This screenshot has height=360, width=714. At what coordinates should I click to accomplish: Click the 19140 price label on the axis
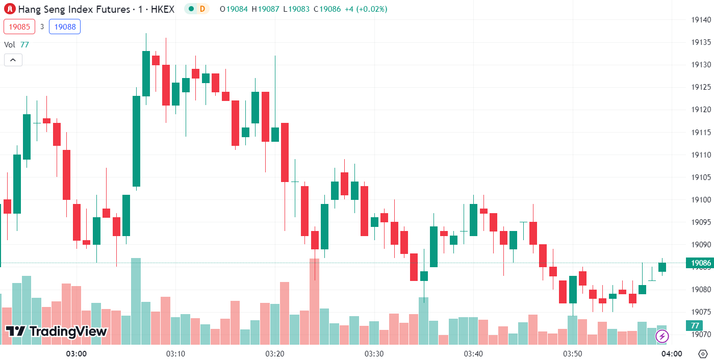[701, 20]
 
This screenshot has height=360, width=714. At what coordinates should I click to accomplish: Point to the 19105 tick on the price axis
[701, 177]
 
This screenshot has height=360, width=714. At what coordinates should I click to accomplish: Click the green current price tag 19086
[701, 263]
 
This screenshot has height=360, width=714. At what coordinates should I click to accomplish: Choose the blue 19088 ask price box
[65, 27]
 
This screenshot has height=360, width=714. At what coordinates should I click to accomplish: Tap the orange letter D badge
[202, 9]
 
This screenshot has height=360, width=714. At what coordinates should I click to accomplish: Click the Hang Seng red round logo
[10, 9]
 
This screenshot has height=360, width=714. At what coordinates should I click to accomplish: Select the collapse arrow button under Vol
[13, 60]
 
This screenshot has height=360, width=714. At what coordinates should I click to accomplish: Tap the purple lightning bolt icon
[662, 336]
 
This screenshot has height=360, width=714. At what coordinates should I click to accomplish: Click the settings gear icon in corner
[703, 353]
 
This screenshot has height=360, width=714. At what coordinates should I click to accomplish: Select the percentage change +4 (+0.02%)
[365, 9]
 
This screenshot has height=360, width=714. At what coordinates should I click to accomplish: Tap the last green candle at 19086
[662, 267]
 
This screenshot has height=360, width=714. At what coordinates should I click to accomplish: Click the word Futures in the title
[113, 9]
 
